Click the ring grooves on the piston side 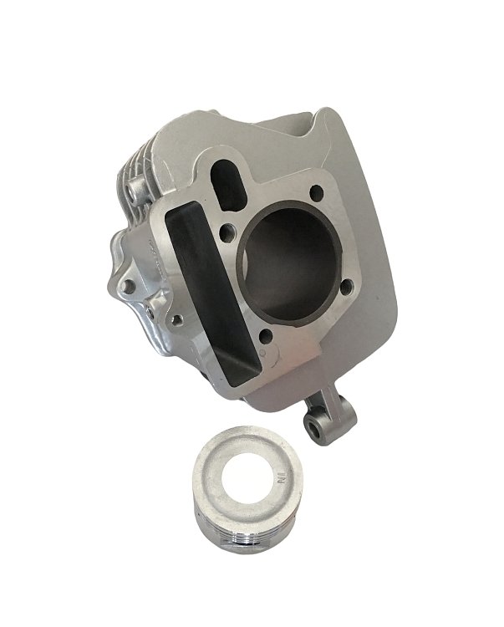(x=251, y=553)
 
